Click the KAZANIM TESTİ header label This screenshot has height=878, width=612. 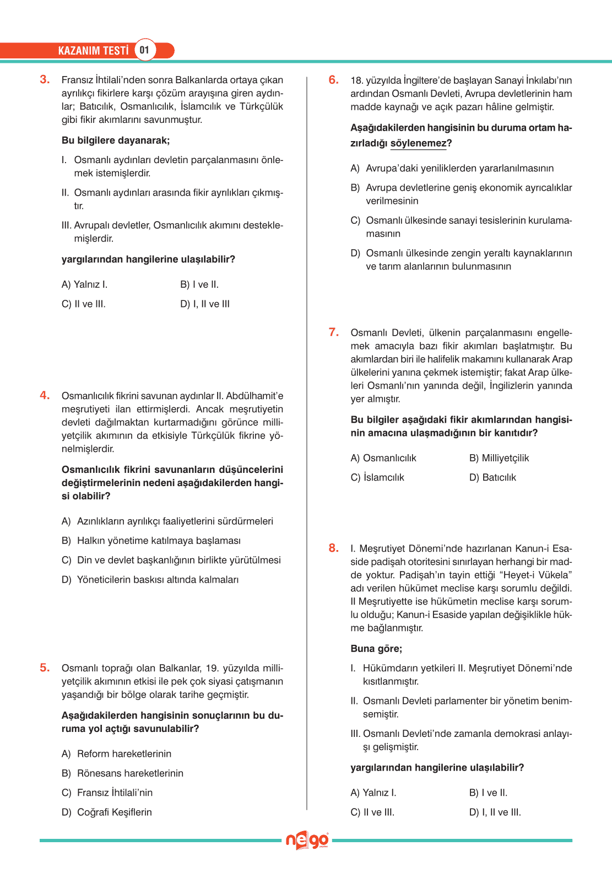(93, 51)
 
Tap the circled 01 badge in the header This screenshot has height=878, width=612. (144, 50)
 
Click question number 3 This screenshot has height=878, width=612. (45, 79)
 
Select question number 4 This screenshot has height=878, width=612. (45, 395)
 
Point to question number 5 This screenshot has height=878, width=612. (45, 667)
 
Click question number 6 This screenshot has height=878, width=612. (333, 80)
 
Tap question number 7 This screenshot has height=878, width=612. (333, 332)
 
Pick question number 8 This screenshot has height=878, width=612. (333, 548)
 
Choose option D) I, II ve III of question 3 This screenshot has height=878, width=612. (205, 304)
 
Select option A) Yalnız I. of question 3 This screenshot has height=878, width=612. (84, 284)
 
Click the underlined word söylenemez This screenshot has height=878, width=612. (419, 143)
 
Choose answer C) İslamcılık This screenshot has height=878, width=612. (377, 477)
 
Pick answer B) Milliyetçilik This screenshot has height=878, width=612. (499, 458)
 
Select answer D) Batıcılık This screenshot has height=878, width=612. (492, 477)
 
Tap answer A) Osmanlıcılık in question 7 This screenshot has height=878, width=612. (383, 458)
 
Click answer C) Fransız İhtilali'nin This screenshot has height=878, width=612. (107, 793)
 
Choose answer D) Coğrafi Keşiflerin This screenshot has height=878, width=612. (106, 812)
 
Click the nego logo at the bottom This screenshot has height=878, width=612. (307, 841)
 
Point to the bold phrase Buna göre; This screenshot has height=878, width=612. (376, 649)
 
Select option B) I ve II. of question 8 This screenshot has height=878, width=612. (488, 793)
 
